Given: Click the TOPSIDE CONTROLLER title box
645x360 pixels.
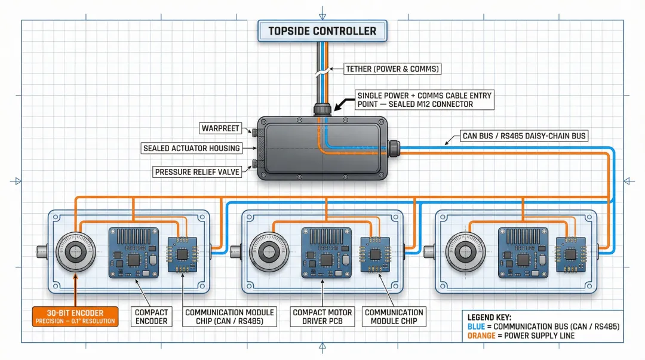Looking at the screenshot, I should (x=322, y=31).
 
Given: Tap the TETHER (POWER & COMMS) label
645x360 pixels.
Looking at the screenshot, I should (x=392, y=69).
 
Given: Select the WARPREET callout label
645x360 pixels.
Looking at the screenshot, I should (x=220, y=128).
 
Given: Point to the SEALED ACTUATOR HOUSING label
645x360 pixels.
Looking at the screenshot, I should (x=191, y=148).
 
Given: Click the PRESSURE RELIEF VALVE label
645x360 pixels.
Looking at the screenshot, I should (x=197, y=172).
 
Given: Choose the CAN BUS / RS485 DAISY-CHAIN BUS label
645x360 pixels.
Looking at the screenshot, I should (x=524, y=136).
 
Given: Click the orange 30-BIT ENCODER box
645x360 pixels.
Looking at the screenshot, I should (x=75, y=316).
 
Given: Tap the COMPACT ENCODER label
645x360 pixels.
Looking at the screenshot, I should (x=151, y=316).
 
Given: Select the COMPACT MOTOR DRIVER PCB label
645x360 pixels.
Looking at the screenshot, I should (x=322, y=316).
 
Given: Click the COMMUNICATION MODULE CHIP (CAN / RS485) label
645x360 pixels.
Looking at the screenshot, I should (x=229, y=316).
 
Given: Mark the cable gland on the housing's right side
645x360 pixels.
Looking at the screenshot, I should (x=394, y=147).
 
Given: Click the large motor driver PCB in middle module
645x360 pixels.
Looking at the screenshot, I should (x=325, y=252).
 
